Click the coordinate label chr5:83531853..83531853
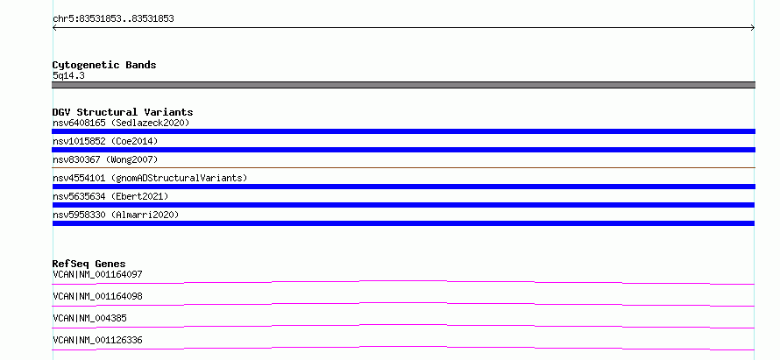click(x=113, y=19)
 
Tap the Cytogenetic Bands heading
click(x=104, y=65)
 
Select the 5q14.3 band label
click(x=68, y=75)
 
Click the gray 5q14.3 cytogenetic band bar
click(x=403, y=85)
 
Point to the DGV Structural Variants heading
click(x=123, y=112)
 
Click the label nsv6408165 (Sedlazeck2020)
click(x=121, y=123)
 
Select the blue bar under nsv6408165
click(x=403, y=131)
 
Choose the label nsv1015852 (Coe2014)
click(x=105, y=141)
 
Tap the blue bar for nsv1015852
click(x=403, y=150)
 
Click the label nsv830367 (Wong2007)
click(x=105, y=159)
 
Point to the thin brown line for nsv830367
click(x=403, y=167)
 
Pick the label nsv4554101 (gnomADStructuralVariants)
click(x=150, y=178)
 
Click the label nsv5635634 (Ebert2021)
click(x=110, y=196)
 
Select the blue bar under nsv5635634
click(x=403, y=205)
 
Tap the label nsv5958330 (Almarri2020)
click(x=116, y=215)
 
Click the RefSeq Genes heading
click(x=89, y=264)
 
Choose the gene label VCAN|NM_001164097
click(x=97, y=274)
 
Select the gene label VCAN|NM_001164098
click(x=97, y=296)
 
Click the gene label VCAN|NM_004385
click(x=86, y=318)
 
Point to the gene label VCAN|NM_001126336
click(x=97, y=340)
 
